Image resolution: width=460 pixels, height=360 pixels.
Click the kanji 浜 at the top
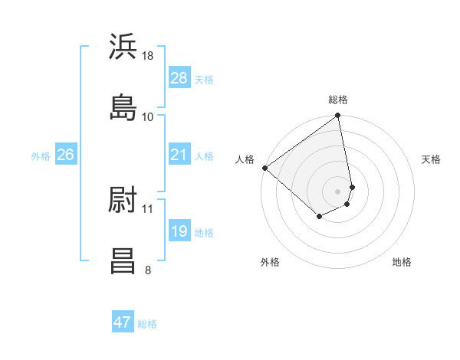pos(123,47)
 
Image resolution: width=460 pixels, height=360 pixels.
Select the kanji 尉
pos(123,201)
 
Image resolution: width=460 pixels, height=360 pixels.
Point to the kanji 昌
pos(123,260)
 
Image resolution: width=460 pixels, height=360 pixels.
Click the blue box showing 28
pos(179,78)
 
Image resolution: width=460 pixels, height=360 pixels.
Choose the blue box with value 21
pos(179,155)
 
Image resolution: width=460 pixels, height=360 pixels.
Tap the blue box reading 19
pos(179,231)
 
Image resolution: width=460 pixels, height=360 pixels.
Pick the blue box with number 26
pos(65,155)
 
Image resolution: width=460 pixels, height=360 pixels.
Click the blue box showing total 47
pos(122,322)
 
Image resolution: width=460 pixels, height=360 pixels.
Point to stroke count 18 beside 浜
pos(148,57)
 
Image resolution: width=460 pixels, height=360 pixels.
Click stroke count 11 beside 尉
pos(148,208)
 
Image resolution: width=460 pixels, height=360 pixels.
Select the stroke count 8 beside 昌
pos(148,269)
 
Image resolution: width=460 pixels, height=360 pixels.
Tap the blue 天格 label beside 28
pos(204,79)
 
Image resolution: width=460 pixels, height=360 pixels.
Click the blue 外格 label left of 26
pos(41,155)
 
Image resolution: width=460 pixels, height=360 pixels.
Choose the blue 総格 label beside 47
pos(147,323)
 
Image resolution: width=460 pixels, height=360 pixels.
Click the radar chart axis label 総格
pos(338,100)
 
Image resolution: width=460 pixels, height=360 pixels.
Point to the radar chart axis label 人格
pos(245,159)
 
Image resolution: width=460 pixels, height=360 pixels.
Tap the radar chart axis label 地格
pos(402,262)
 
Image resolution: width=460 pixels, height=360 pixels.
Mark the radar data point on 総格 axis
pos(338,116)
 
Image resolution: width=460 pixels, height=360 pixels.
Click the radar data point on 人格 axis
pos(264,168)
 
